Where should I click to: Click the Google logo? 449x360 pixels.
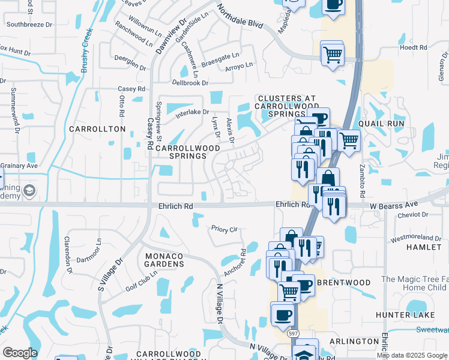tap(20, 353)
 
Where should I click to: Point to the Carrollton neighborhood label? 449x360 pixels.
tap(97, 129)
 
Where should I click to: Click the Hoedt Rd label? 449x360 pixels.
tap(413, 47)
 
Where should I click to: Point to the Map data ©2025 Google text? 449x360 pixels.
tap(412, 355)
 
